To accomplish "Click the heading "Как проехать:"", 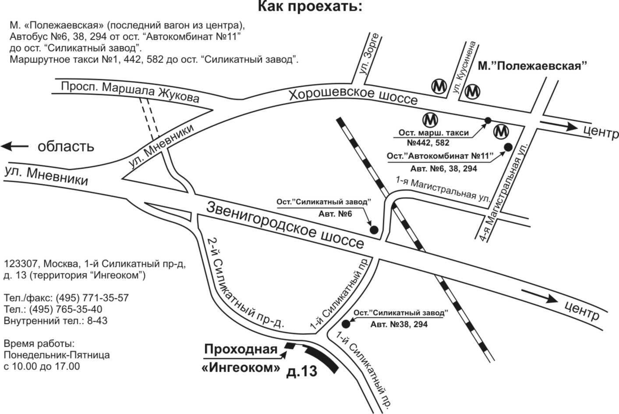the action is (x=310, y=7).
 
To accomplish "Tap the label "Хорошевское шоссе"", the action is (x=353, y=96).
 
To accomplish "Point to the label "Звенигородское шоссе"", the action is (x=285, y=225).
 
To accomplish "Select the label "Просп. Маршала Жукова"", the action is (x=130, y=92).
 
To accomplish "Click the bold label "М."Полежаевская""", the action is (x=532, y=66).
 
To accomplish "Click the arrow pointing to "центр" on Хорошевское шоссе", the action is (x=559, y=126).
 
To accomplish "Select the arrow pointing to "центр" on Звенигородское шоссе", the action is (x=539, y=296).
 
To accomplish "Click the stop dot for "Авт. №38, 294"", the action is (x=346, y=324).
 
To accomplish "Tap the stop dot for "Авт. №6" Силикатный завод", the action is (x=374, y=230).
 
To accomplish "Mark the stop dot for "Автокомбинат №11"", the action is (x=509, y=147).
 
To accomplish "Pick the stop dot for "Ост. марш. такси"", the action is (x=488, y=120).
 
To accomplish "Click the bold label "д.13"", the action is (x=301, y=371).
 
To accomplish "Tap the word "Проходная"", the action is (x=241, y=349).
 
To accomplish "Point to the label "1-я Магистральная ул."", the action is (x=442, y=189).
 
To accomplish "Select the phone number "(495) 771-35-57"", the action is (x=92, y=298).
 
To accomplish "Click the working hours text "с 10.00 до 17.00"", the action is (x=42, y=366).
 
